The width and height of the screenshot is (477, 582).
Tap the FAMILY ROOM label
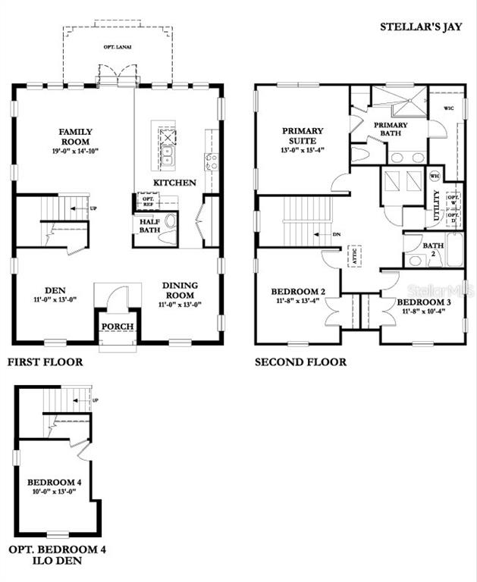point(75,136)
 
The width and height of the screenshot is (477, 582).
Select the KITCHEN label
point(174,183)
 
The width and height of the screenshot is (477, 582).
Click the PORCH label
point(118,327)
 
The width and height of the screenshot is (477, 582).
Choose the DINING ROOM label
point(180,290)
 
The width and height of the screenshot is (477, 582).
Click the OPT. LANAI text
point(118,47)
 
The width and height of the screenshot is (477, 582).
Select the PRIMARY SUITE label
point(303,136)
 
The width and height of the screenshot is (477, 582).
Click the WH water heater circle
point(435,176)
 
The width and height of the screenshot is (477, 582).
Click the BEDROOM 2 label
point(298,292)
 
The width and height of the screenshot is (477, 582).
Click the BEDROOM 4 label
point(54,482)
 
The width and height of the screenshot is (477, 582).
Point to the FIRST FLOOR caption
point(45,362)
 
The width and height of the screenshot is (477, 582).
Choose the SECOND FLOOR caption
point(300,362)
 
